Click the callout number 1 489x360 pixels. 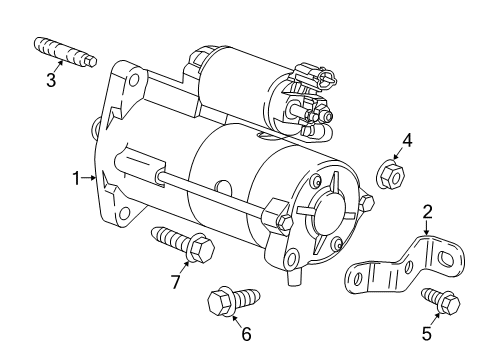[x=76, y=178]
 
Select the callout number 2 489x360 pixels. [x=427, y=212]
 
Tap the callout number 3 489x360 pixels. [x=51, y=80]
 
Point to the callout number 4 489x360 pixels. [x=407, y=140]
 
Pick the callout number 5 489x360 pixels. [x=427, y=333]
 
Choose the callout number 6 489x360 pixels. [x=246, y=334]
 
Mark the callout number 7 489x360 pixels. [x=176, y=282]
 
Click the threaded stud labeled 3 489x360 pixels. [x=65, y=51]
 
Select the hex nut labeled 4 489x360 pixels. [x=390, y=174]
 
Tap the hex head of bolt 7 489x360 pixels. [x=201, y=248]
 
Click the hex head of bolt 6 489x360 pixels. [x=220, y=301]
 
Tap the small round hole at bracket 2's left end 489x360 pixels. [x=358, y=278]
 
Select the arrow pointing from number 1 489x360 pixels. [x=89, y=178]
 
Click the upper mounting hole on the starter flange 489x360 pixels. [x=134, y=80]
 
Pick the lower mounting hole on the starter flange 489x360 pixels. [x=124, y=213]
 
